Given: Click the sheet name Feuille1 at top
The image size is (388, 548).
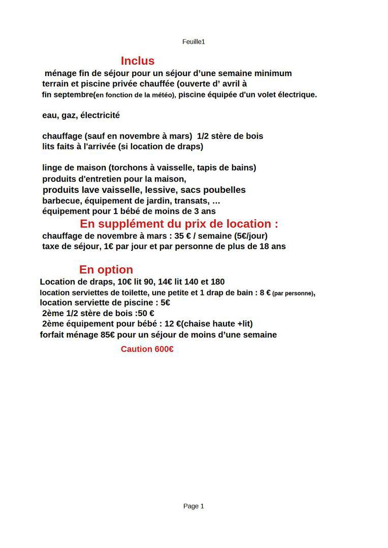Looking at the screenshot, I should click(193, 42).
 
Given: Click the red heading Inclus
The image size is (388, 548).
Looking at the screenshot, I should click(138, 61).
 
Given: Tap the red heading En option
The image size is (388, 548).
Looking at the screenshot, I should click(106, 269).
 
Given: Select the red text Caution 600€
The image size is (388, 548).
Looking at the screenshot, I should click(147, 349).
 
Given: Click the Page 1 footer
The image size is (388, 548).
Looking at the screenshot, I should click(193, 506).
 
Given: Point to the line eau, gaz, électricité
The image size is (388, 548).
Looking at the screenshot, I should click(81, 115).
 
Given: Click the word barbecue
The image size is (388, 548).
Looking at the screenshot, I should click(59, 200).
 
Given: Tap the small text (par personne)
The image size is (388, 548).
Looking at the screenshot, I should click(293, 293).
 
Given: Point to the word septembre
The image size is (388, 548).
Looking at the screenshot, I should click(73, 95).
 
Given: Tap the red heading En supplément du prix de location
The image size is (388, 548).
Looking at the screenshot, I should click(179, 224).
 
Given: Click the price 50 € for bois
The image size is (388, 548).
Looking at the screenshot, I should click(147, 314).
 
